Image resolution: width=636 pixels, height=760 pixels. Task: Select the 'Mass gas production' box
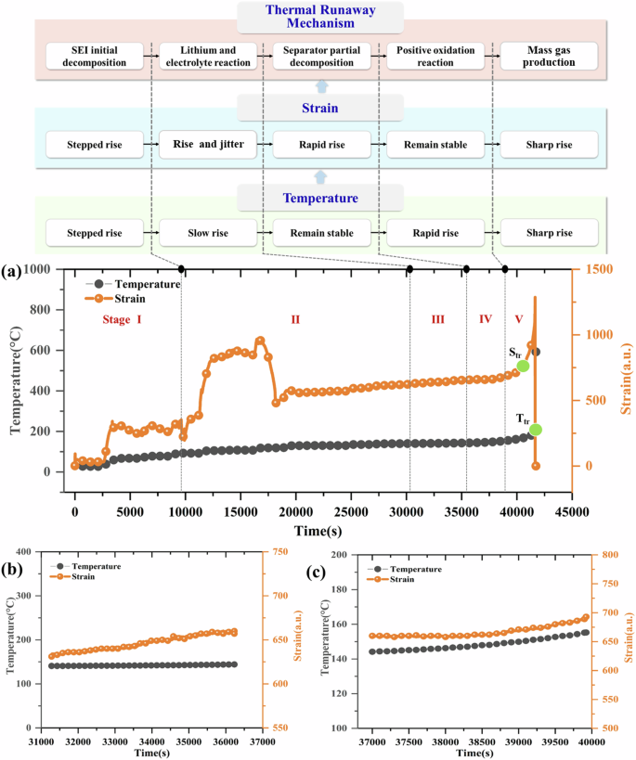pos(545,56)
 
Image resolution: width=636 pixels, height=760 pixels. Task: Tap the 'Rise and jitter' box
pos(207,145)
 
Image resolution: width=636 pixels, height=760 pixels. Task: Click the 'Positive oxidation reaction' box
pos(432,56)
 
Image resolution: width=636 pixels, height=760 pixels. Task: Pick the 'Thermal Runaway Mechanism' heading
pos(320,17)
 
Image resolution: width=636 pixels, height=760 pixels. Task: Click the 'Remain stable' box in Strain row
pos(432,145)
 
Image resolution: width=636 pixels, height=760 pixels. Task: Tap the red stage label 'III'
pos(438,318)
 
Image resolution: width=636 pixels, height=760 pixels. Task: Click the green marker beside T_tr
pos(536,430)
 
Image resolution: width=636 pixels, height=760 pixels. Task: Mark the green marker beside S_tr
pos(523,366)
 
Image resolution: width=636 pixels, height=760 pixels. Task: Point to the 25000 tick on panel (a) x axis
pos(350,510)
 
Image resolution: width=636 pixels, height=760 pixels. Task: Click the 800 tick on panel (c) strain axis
pos(604,555)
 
